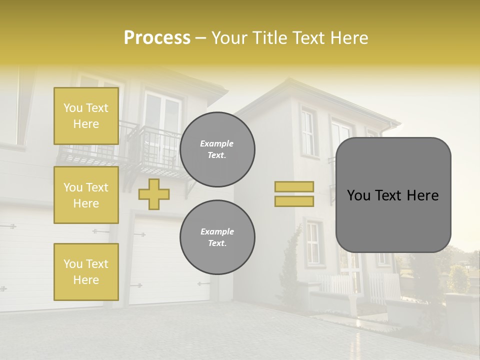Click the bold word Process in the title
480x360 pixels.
pos(157,38)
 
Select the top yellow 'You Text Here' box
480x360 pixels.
pos(86,116)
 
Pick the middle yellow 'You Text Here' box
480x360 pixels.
pos(86,195)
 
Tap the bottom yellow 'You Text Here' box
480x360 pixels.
pos(86,271)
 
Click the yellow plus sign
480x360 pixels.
pos(154,194)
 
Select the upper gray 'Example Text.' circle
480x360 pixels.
pos(217,149)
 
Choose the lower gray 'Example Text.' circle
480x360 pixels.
pos(217,237)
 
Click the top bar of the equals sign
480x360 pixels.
pos(294,186)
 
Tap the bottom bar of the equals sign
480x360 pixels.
pos(294,201)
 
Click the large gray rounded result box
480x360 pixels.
pos(393,220)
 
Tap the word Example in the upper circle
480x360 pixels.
pos(217,144)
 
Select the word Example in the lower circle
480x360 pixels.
pos(217,232)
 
